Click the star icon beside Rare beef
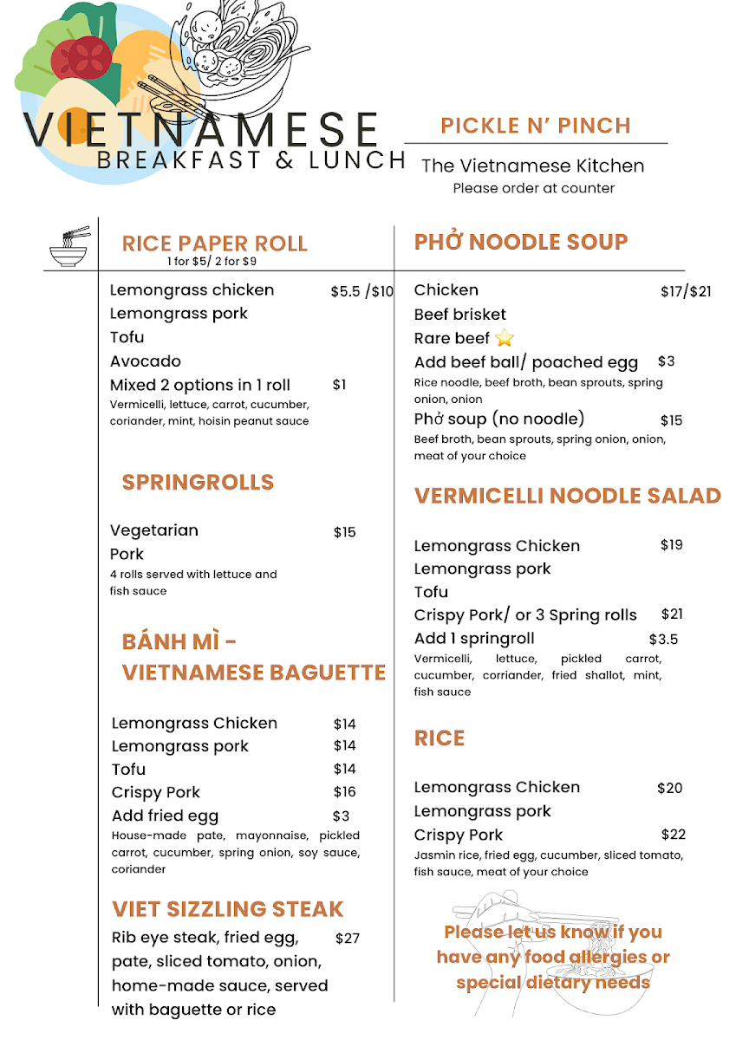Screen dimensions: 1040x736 point(504,339)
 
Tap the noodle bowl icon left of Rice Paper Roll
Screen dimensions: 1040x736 point(69,246)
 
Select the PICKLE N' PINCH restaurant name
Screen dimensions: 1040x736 point(535,126)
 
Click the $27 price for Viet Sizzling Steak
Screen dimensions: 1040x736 point(347,938)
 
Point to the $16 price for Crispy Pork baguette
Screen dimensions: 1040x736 point(344,792)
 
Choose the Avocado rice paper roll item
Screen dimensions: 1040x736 point(146,361)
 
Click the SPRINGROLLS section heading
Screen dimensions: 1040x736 point(198,482)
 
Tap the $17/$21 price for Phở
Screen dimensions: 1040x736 point(685,291)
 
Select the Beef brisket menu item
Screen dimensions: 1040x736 point(459,315)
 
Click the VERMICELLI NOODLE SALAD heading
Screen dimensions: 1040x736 point(567,496)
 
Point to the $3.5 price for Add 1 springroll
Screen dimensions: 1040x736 point(663,640)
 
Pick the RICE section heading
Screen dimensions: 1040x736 point(440,738)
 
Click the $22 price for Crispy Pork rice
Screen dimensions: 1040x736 point(673,835)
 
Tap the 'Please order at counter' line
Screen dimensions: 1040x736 point(533,188)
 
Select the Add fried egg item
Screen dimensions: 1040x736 point(165,816)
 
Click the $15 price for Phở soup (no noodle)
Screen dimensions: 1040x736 point(671,420)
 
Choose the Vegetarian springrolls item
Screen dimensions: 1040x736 point(154,530)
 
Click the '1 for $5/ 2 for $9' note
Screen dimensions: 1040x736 point(212,261)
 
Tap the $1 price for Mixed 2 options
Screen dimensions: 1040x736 point(339,385)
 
